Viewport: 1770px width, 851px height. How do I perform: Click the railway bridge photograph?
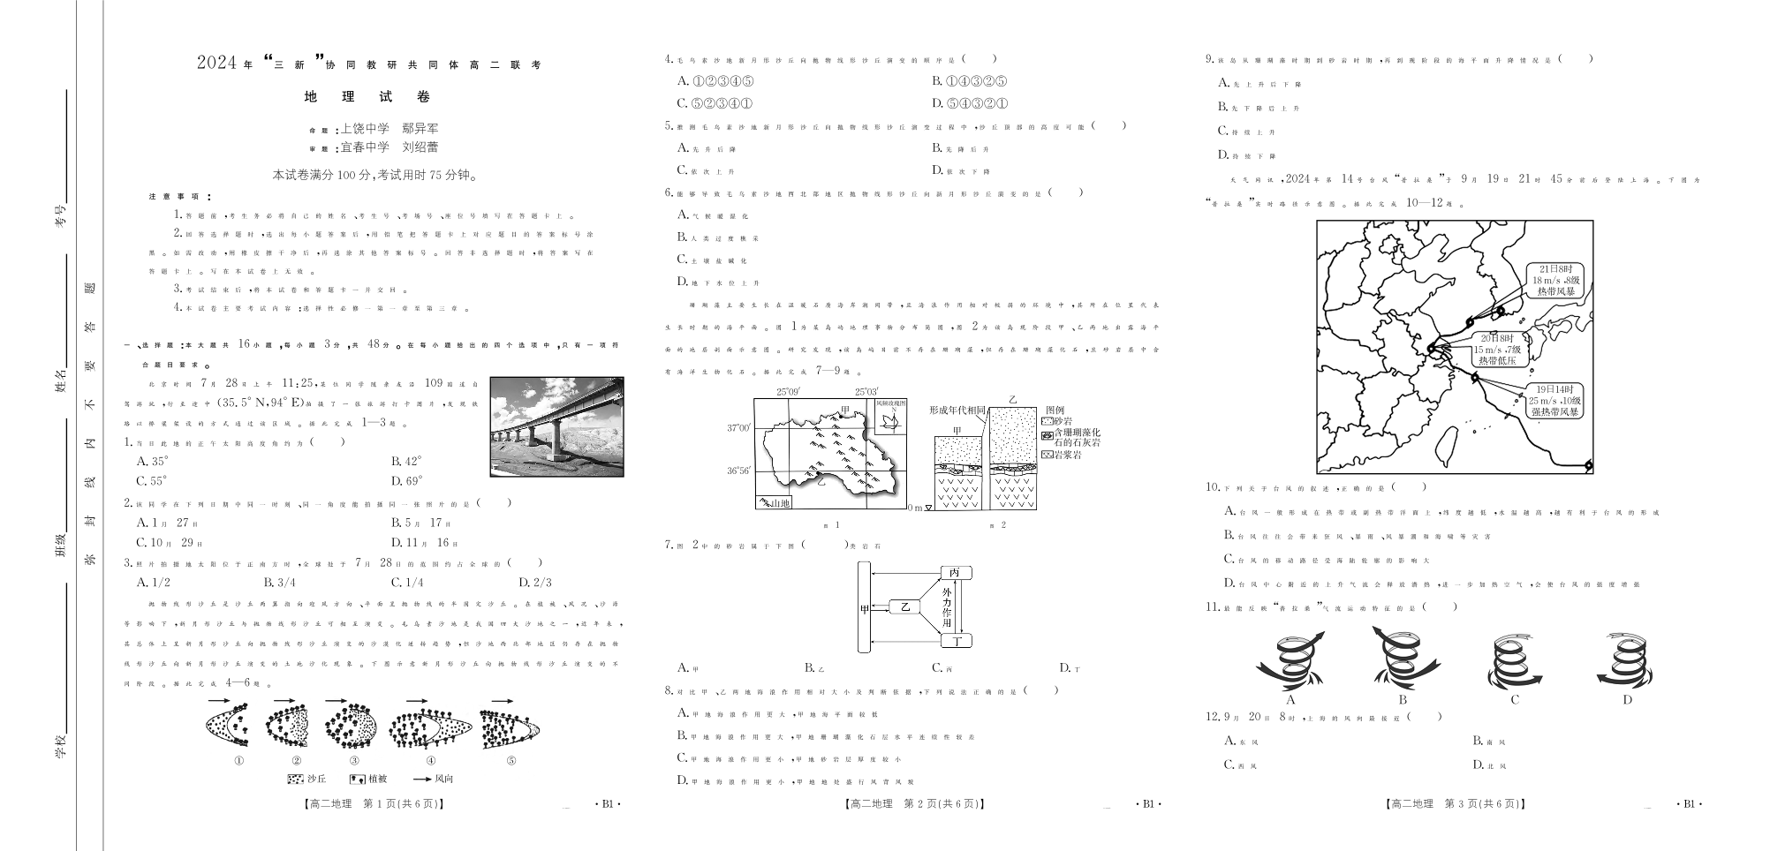(556, 426)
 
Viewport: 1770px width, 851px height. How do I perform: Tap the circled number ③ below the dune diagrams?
(354, 761)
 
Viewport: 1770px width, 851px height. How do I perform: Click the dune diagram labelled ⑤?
(510, 728)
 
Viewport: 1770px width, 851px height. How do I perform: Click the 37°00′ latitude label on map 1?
(738, 428)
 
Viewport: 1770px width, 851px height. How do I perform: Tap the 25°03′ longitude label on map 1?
(866, 392)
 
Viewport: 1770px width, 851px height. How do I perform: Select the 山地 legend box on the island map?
(774, 502)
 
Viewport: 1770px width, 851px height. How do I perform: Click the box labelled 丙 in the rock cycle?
(956, 573)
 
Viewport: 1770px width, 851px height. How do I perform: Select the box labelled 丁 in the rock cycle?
(956, 641)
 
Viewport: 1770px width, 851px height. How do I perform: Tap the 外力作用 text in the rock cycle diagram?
(947, 606)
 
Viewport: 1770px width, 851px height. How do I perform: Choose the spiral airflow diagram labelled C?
(1514, 665)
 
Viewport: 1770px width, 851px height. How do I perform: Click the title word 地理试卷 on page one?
(367, 97)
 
